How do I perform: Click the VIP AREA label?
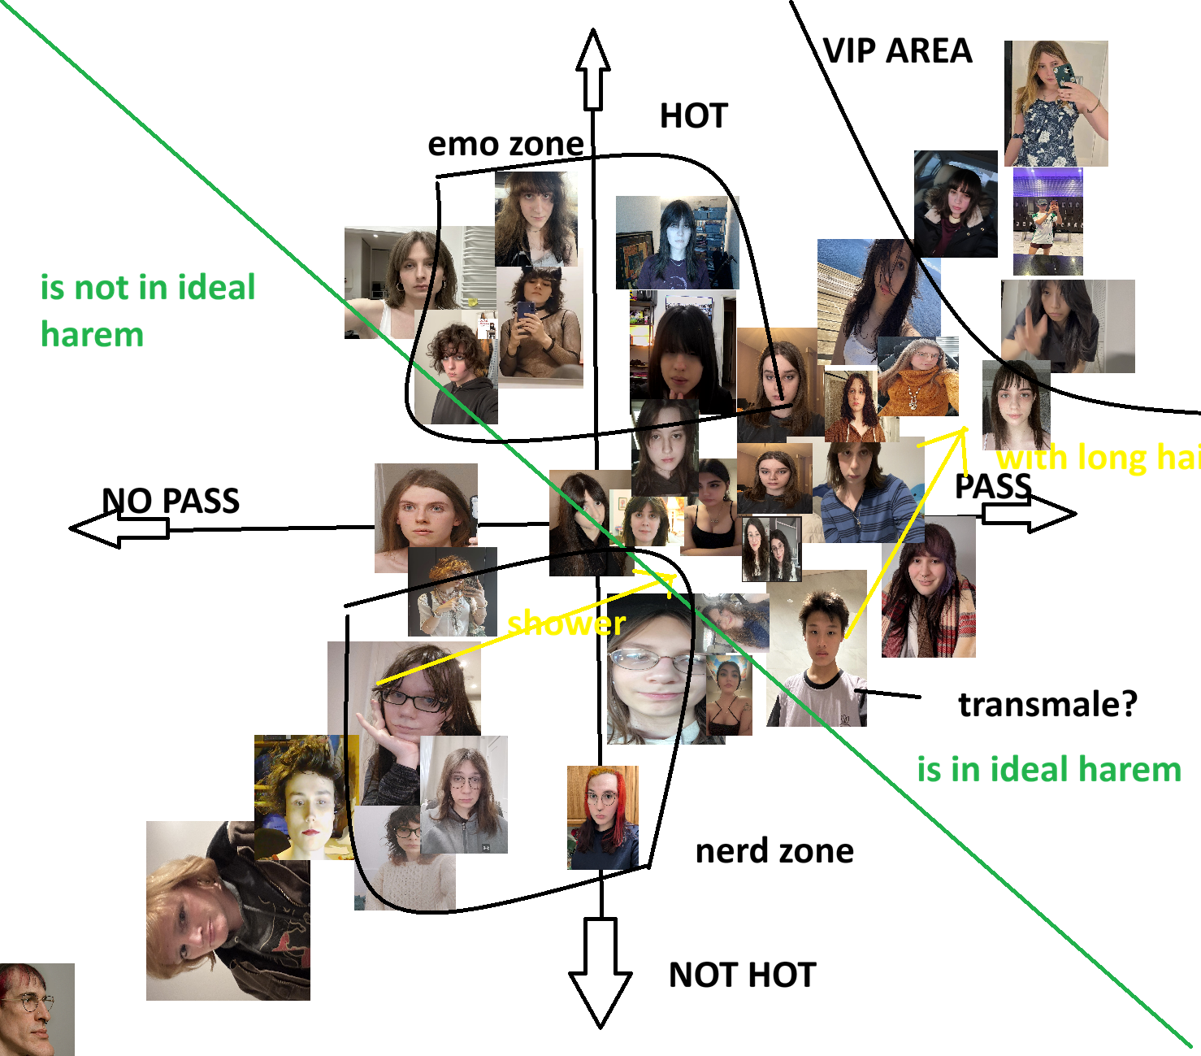point(897,50)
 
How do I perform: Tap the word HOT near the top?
point(693,116)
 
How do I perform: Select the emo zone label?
point(505,144)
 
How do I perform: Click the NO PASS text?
point(171,501)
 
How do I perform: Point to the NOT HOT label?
point(742,975)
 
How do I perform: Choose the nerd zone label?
point(774,851)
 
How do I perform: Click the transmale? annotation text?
point(1047,704)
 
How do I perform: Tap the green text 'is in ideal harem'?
point(1048,769)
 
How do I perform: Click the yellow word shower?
point(566,624)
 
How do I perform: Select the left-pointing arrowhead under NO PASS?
point(93,529)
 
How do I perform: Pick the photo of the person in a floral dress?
point(1056,103)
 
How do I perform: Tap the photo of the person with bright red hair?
point(602,817)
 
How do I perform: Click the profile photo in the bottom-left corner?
point(37,1010)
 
